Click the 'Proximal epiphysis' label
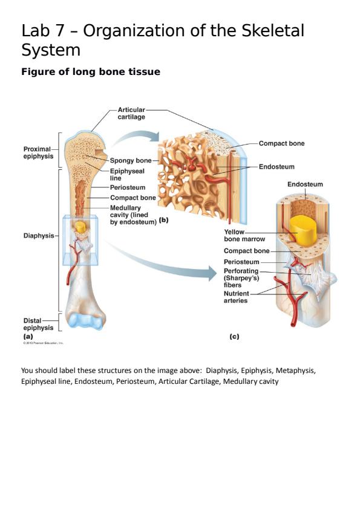38,152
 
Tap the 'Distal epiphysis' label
38,324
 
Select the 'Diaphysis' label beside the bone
39,236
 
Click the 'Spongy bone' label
131,161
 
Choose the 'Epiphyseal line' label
127,175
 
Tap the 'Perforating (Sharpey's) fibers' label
241,277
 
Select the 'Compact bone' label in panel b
281,144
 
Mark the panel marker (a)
28,336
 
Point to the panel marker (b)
163,220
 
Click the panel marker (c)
234,336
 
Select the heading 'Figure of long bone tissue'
91,72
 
